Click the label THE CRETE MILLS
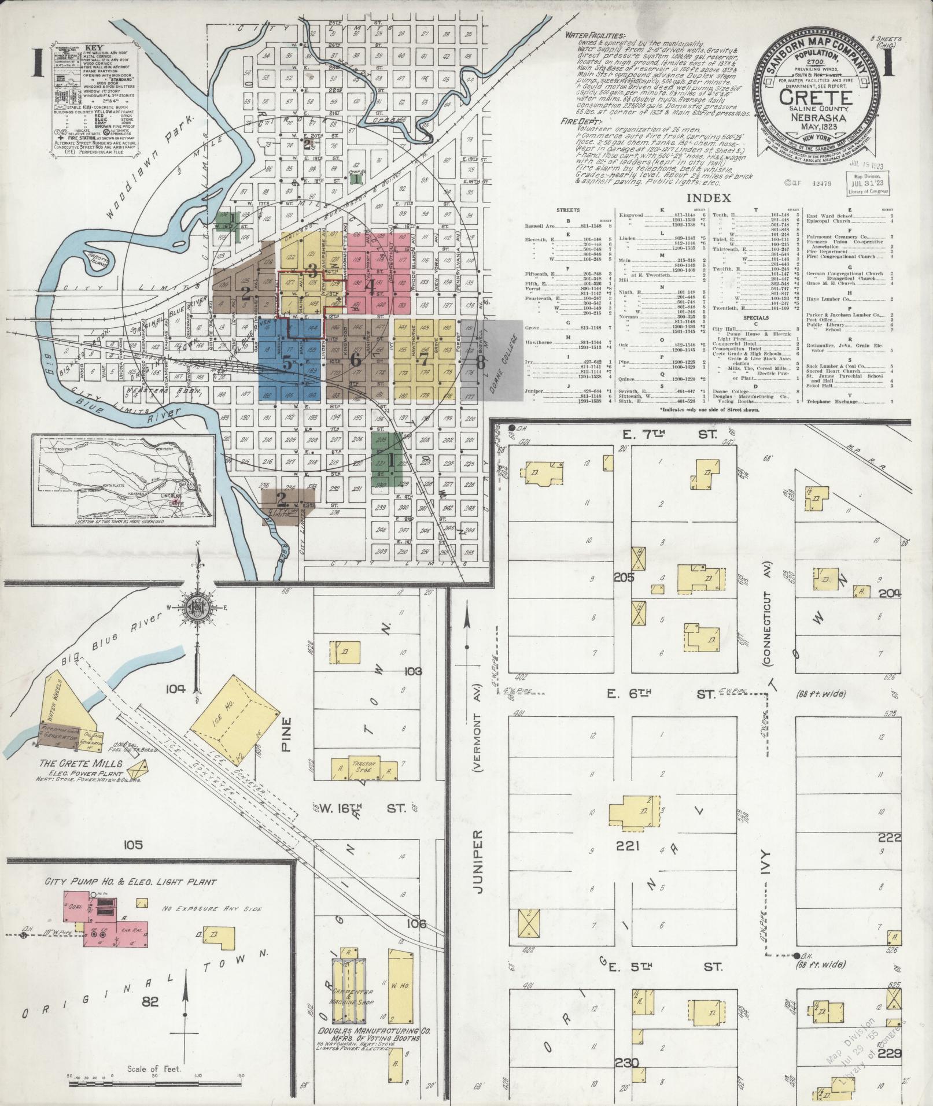[x=81, y=763]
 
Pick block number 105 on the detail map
[x=132, y=845]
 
